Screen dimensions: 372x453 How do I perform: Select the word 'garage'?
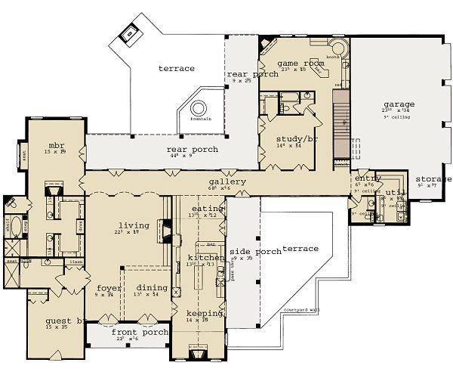[398, 104]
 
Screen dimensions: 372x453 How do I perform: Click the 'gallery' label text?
[228, 181]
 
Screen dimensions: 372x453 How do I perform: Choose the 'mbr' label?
[56, 144]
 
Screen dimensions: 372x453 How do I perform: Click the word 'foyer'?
[104, 287]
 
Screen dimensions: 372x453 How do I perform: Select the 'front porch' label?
[130, 331]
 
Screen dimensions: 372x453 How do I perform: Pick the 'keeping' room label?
[204, 312]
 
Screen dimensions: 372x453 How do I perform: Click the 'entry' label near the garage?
[368, 178]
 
